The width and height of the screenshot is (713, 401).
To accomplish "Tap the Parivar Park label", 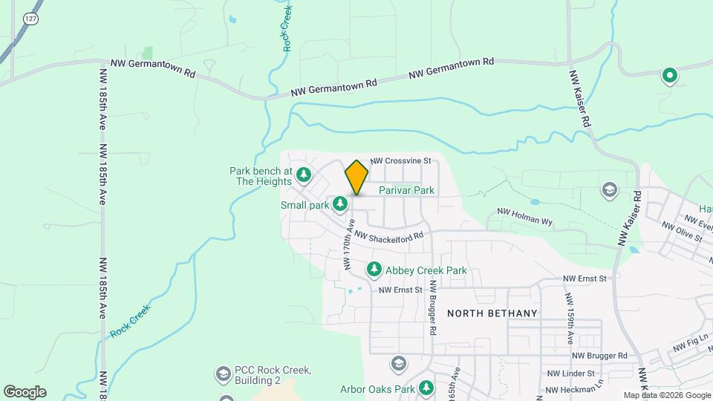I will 406,191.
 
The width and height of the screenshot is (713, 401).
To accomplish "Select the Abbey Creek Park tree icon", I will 374,269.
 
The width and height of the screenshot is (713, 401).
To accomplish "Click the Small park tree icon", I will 340,203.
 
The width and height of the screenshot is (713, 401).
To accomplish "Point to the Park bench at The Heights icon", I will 304,175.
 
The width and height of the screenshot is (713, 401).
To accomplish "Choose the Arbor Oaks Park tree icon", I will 426,388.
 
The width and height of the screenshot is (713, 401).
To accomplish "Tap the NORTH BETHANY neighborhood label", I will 492,313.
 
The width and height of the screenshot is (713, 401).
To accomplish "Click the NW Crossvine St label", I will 401,160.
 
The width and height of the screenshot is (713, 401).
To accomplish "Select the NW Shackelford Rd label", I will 388,235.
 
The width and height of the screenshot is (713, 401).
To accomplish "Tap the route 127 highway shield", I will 30,18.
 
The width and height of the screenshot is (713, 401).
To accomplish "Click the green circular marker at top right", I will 669,74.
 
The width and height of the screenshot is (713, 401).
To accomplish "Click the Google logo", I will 25,392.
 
